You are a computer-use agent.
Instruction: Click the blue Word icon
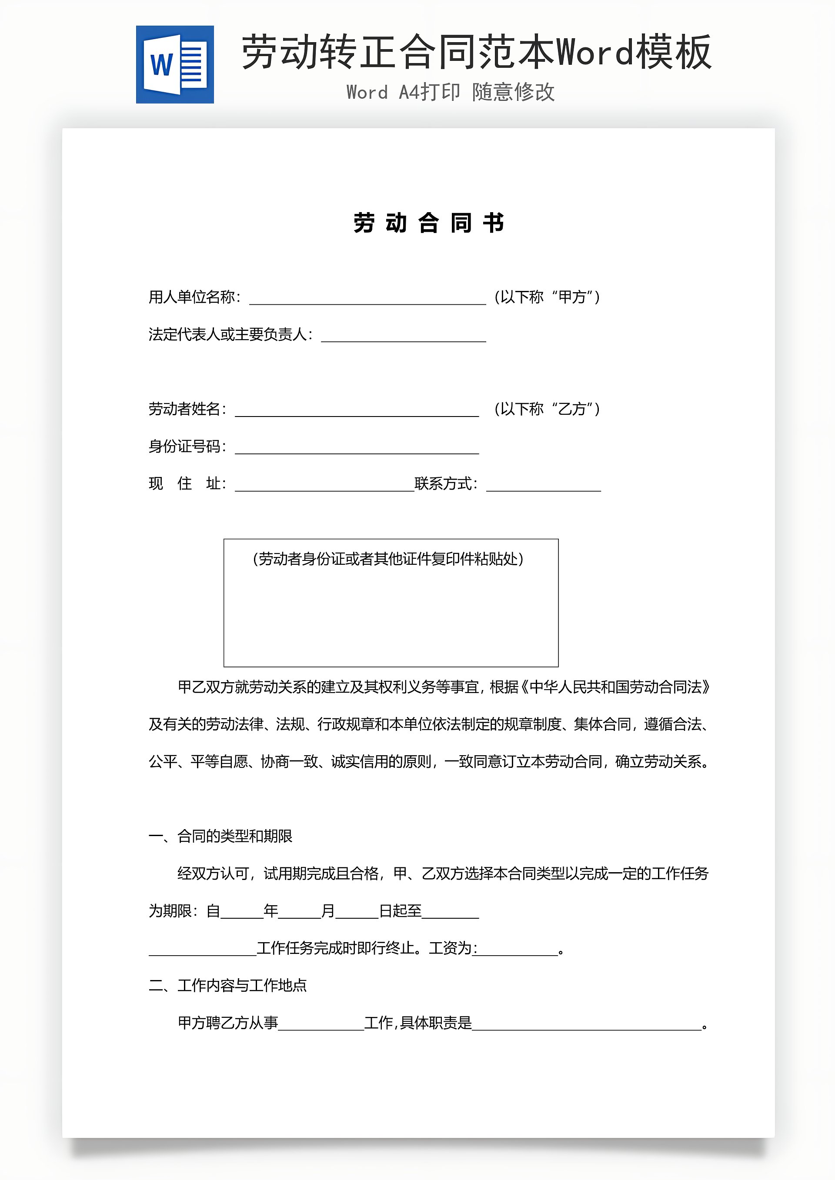click(x=175, y=65)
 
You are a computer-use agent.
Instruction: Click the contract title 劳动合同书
click(x=428, y=223)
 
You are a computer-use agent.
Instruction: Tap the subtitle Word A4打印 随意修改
click(x=451, y=93)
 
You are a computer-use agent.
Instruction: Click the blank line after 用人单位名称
click(x=367, y=300)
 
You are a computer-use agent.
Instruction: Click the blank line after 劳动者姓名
click(x=357, y=412)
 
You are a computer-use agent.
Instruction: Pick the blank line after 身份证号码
click(x=357, y=450)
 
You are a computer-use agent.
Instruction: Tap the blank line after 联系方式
click(x=544, y=487)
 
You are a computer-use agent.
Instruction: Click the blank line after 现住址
click(x=324, y=487)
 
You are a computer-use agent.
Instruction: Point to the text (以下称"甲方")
click(x=547, y=297)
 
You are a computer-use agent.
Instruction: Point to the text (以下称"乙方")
click(x=547, y=409)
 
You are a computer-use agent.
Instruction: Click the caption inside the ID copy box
click(x=388, y=559)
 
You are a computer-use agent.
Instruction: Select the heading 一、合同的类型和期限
click(x=220, y=836)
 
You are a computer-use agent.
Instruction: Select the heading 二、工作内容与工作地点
click(x=228, y=985)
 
